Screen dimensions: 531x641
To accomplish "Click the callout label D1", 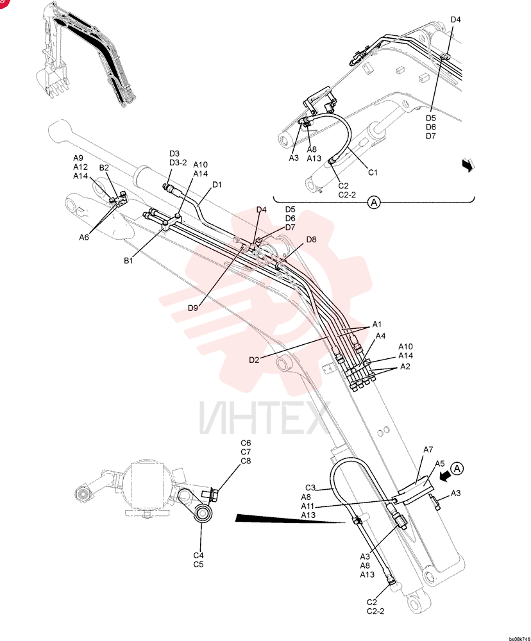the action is [x=217, y=185].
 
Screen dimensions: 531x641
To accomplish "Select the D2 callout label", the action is [x=254, y=360].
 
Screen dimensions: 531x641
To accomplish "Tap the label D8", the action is [x=311, y=240].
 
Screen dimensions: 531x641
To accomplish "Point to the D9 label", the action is [x=192, y=308].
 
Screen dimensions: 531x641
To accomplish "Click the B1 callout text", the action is [x=128, y=260].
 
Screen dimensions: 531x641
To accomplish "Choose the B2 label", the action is [x=104, y=167].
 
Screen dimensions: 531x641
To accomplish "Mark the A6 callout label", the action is [x=84, y=237].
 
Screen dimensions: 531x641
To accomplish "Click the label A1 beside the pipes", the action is [x=377, y=324].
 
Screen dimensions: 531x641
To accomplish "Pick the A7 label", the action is [x=428, y=450].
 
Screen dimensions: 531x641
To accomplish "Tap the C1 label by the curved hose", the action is [x=373, y=172].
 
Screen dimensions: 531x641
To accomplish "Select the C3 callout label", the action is [x=310, y=488].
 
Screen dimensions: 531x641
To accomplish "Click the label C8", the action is [x=246, y=461].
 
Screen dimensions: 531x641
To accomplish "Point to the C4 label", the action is [x=198, y=556].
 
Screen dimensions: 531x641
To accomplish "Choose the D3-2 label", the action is [x=178, y=163].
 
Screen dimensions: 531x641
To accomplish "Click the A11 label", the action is [x=308, y=506].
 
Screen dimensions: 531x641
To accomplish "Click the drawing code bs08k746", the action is [x=519, y=638].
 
